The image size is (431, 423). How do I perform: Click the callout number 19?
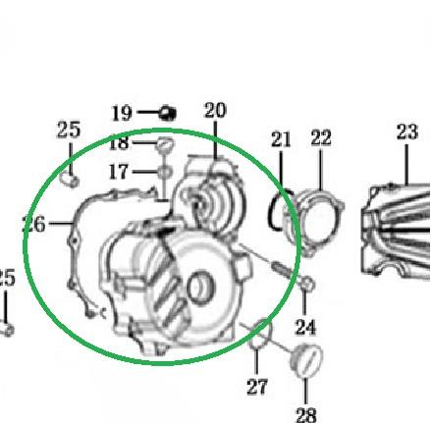point(122,113)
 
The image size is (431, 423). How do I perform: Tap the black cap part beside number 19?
point(167,113)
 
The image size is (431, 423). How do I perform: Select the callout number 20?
point(215,110)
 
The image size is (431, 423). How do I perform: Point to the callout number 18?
point(119,143)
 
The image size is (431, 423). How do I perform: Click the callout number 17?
point(118,172)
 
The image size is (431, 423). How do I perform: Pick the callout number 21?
point(281,139)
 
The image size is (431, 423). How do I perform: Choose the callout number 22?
point(321,137)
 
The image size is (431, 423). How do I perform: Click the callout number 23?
point(407,132)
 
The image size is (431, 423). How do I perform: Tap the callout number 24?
point(305,327)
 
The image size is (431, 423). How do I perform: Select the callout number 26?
point(34,225)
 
